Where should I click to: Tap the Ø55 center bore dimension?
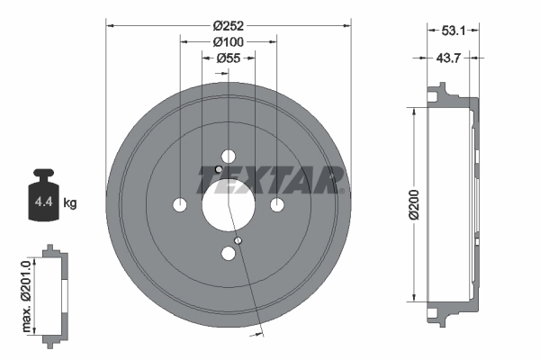point(229,59)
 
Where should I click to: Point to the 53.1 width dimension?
point(453,31)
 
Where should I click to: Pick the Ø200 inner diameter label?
point(413,205)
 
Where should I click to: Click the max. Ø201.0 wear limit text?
point(26,293)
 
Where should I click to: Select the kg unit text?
point(70,203)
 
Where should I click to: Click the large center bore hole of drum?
point(228,205)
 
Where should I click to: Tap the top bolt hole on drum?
point(228,157)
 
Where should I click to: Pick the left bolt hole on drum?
point(179,205)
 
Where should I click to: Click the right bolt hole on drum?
point(277,205)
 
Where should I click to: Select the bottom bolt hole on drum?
point(228,254)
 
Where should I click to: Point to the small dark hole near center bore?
point(219,169)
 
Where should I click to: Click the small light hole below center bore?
point(238,240)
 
